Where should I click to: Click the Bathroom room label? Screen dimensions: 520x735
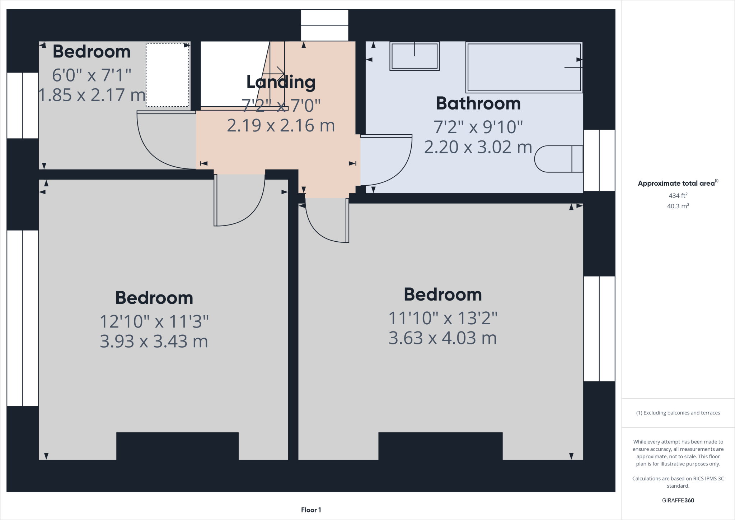[478, 103]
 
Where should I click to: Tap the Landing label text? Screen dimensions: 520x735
[281, 82]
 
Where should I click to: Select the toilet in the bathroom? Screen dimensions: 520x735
[558, 159]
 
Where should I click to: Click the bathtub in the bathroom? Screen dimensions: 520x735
[524, 67]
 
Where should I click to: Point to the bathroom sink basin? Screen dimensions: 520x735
[415, 56]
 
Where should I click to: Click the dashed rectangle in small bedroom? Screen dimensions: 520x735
[167, 75]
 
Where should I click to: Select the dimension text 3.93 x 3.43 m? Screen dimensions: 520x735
[154, 341]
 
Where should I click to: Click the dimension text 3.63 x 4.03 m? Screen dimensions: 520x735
[443, 338]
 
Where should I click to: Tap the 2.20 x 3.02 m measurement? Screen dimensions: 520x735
[478, 147]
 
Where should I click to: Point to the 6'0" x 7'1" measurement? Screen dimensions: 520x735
[92, 75]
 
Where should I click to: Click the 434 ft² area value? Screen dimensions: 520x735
[678, 195]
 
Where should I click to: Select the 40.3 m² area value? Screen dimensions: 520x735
[678, 206]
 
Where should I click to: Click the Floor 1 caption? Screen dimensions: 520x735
[311, 510]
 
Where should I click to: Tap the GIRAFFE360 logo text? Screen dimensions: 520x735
[678, 500]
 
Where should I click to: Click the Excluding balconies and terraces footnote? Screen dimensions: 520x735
[678, 413]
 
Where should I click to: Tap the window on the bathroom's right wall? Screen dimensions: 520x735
[599, 160]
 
